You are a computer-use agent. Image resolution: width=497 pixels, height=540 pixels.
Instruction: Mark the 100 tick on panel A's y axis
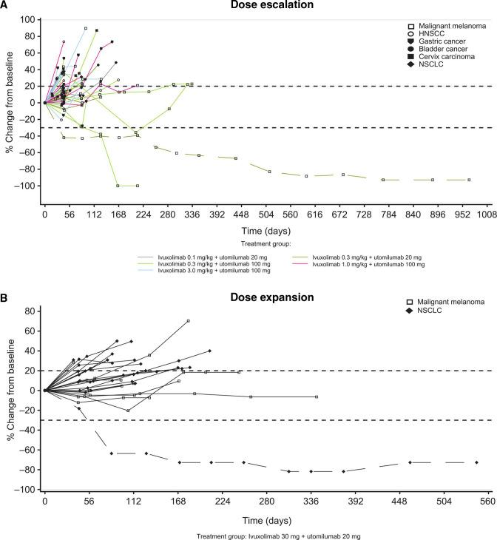click(x=30, y=19)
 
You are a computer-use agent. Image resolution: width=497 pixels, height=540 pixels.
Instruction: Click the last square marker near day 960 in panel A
click(x=468, y=180)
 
